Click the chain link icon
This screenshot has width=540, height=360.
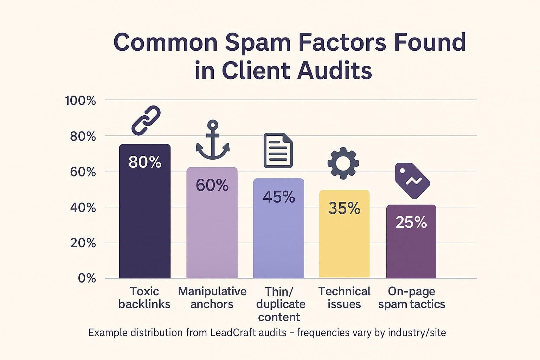146,120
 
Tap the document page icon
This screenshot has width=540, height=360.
278,150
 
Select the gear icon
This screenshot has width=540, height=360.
343,163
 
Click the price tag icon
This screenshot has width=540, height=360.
412,180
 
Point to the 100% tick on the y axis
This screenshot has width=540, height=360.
81,101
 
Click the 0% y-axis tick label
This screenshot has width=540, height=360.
86,278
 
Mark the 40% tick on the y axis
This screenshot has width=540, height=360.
83,207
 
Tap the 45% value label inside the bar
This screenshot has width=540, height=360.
279,197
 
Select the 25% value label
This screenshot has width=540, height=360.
411,223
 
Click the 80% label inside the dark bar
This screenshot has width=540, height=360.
145,162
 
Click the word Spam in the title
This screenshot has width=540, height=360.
258,42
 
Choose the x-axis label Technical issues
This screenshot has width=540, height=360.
344,297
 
